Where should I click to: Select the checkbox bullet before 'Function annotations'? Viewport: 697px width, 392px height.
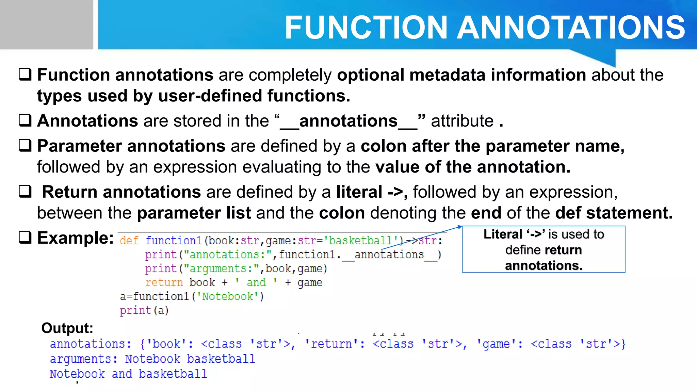(25, 74)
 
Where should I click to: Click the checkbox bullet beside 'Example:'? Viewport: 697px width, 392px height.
(25, 238)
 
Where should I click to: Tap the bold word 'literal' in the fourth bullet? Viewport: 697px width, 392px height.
(359, 192)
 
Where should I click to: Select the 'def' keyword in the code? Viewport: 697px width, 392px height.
(129, 241)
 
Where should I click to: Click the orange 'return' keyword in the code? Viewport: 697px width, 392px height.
(164, 283)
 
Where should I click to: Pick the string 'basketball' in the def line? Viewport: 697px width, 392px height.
(361, 241)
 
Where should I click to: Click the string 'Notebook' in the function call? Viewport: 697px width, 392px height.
(228, 297)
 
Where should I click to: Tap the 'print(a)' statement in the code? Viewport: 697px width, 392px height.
(144, 311)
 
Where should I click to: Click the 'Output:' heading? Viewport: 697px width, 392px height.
(67, 328)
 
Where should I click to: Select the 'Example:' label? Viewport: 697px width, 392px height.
(75, 238)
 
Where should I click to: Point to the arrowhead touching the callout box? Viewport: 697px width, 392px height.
(459, 227)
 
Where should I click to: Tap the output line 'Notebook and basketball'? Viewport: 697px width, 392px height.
(128, 374)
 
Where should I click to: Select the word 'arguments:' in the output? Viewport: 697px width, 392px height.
(84, 359)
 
